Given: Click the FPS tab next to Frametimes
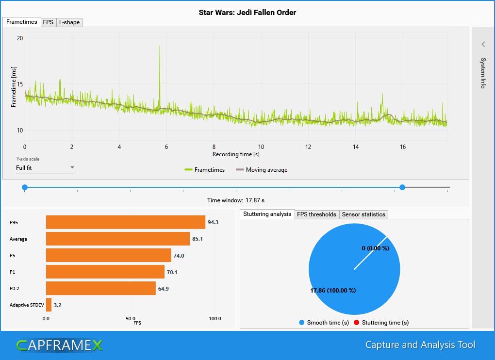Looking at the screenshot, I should (x=48, y=22).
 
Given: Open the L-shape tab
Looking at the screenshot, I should (x=69, y=22).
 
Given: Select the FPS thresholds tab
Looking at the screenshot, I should (x=316, y=214).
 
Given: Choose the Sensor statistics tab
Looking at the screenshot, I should (x=363, y=214).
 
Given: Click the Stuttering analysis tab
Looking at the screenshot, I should (x=267, y=214).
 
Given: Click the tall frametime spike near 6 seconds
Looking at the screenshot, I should (x=160, y=53).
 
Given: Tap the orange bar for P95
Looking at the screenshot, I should (x=125, y=222).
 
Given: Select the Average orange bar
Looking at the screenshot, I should (x=117, y=239).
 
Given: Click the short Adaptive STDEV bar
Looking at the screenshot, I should (x=49, y=305).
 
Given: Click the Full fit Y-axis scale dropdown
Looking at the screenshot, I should (x=45, y=168).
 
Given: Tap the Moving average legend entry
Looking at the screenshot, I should (x=262, y=170).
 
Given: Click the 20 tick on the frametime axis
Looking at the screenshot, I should (x=20, y=38).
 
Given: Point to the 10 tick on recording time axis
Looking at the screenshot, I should (x=261, y=147).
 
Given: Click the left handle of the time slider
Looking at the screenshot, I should (x=25, y=187).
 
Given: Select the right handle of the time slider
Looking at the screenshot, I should (x=402, y=187).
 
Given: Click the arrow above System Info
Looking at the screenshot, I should (x=483, y=44).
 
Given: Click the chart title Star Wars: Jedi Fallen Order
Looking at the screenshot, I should (x=247, y=13).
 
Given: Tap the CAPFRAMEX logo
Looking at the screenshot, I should (x=59, y=345).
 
